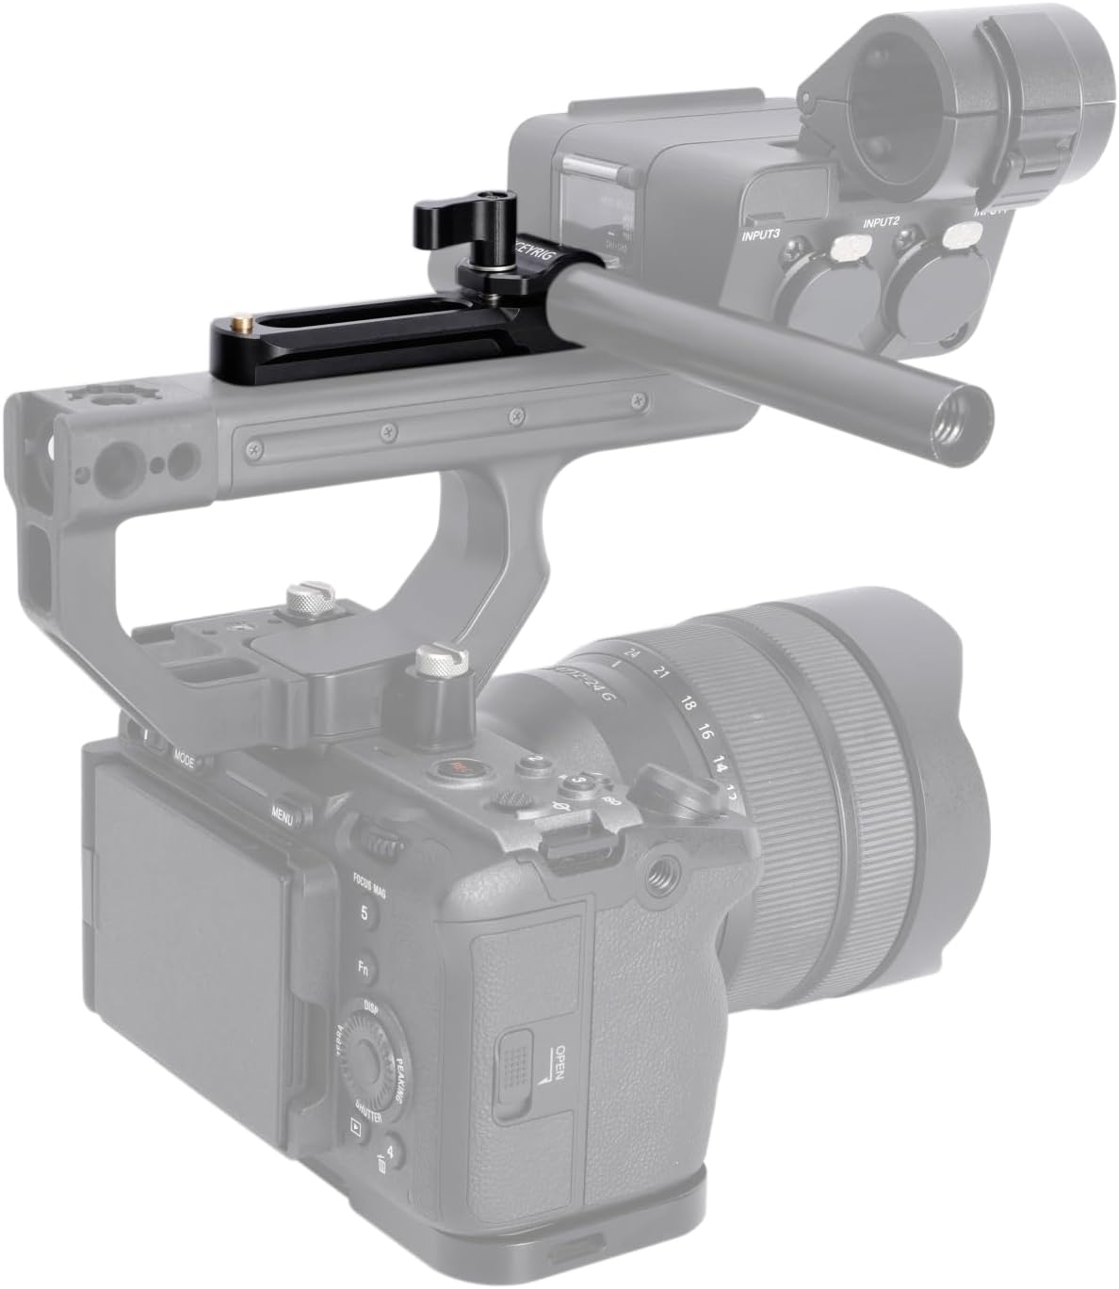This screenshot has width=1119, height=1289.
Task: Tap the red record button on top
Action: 459,770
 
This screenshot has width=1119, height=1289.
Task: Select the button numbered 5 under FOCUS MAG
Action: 363,912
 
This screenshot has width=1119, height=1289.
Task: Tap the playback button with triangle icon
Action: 355,1124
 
